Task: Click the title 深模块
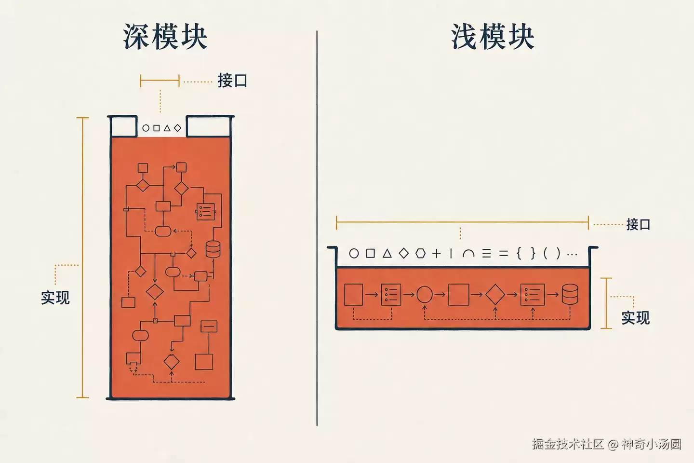coord(165,37)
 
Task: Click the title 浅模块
coord(493,37)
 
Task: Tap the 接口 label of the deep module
coord(232,81)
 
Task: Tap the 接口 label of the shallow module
coord(638,224)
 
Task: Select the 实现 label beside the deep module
coord(55,298)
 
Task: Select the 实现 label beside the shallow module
coord(636,318)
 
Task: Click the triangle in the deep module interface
coord(167,128)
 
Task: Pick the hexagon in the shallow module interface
coord(420,254)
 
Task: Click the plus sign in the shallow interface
coord(437,254)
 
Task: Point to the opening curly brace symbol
coord(519,254)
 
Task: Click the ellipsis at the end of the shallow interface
coord(572,255)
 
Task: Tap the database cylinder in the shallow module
coord(570,294)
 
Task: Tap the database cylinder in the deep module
coord(213,249)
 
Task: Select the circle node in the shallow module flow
coord(425,294)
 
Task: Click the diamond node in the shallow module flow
coord(495,294)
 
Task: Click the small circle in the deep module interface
coord(146,128)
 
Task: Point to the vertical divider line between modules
coord(317,228)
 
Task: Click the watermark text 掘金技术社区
coord(568,444)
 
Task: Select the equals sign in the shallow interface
coord(504,254)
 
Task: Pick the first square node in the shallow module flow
coord(354,294)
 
